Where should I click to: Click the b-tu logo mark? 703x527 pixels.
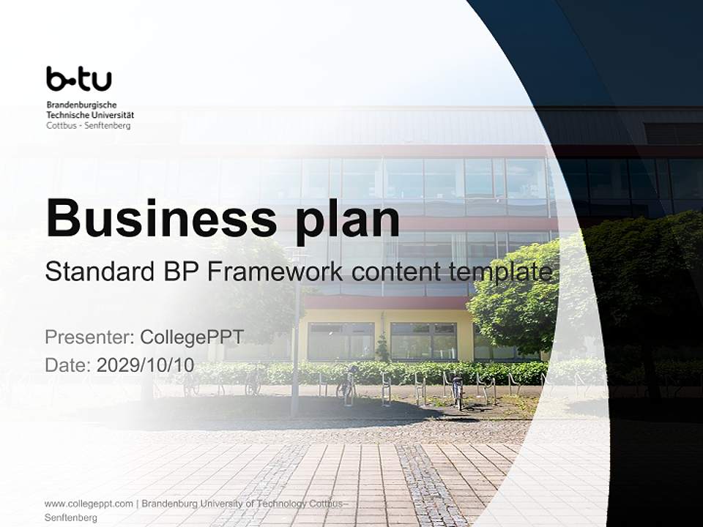tap(78, 79)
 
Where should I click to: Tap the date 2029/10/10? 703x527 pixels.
tap(146, 365)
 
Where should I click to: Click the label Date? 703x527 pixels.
tap(68, 365)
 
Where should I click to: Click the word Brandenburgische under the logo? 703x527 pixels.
tap(81, 105)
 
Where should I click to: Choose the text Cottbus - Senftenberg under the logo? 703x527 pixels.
tap(88, 125)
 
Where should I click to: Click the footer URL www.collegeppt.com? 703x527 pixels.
tap(89, 504)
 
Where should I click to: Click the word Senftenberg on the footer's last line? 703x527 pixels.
tap(70, 517)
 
